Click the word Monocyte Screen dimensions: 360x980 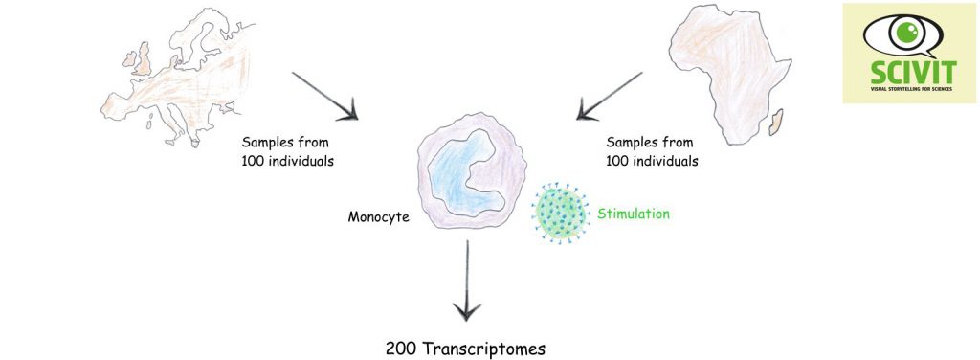click(x=378, y=217)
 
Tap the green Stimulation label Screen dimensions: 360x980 click(x=633, y=214)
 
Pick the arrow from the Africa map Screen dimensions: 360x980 click(x=609, y=97)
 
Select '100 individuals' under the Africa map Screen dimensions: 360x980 click(x=652, y=160)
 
